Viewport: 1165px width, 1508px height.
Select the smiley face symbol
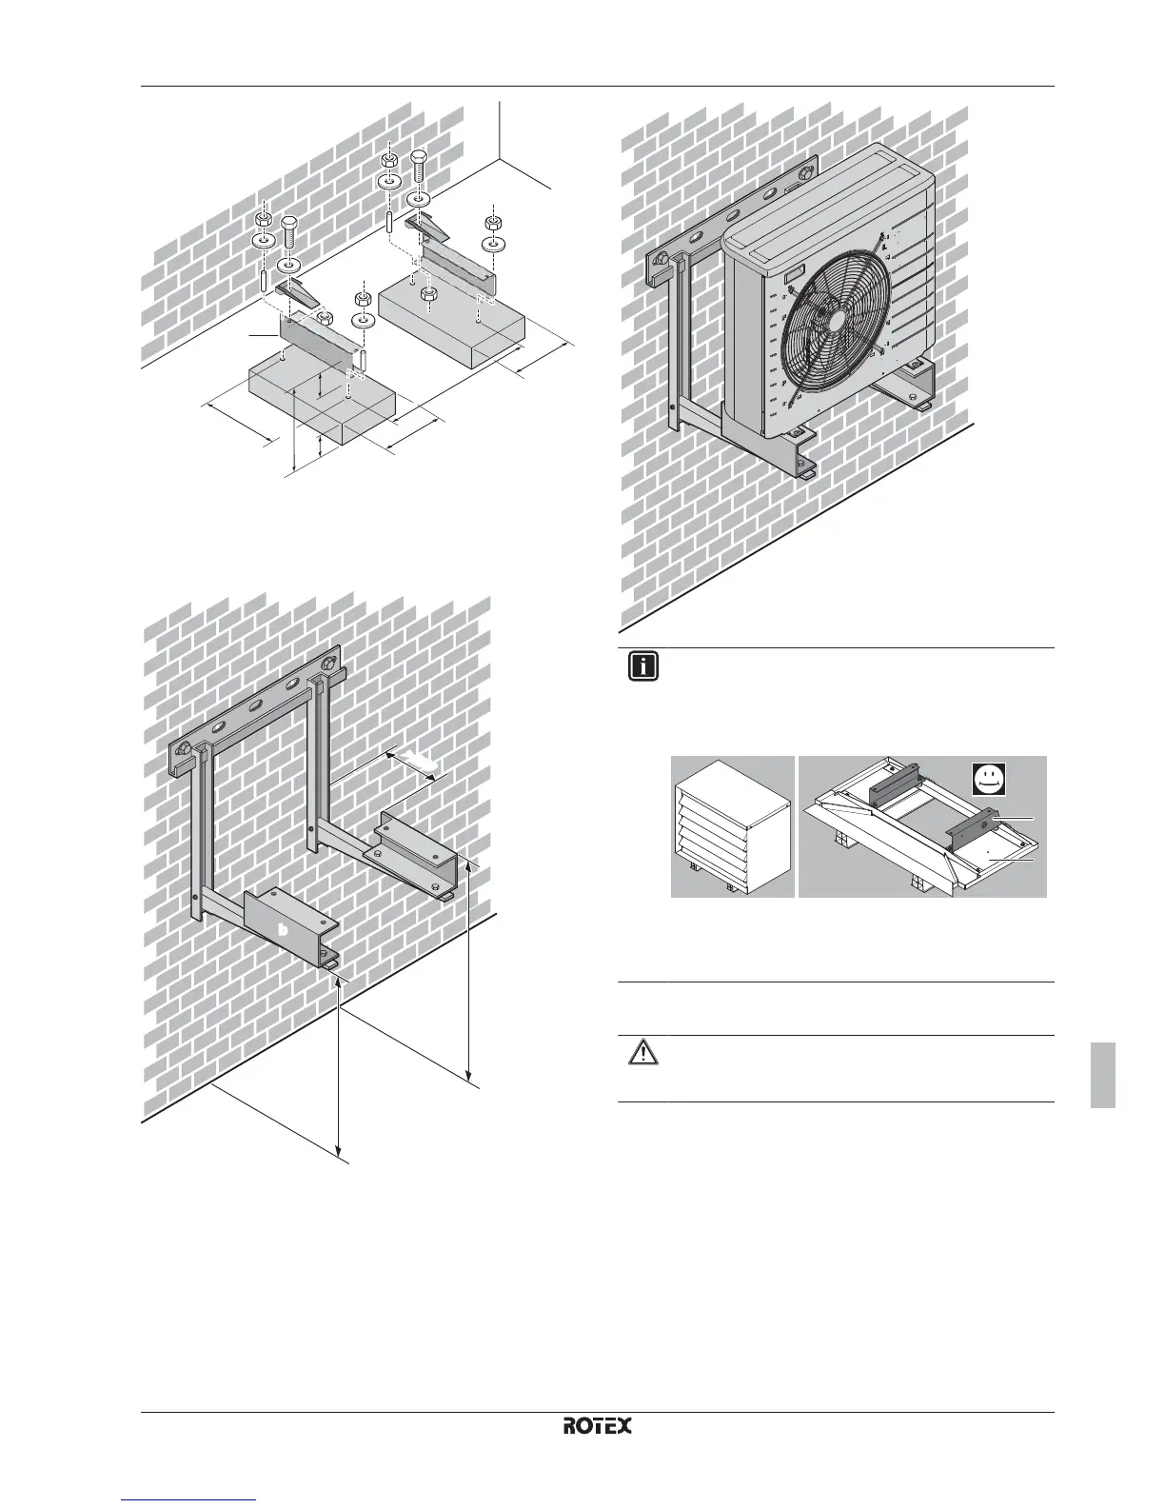pyautogui.click(x=991, y=781)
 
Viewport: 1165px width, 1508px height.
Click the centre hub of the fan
pyautogui.click(x=830, y=322)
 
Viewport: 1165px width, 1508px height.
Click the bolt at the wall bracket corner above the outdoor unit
pyautogui.click(x=807, y=174)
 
